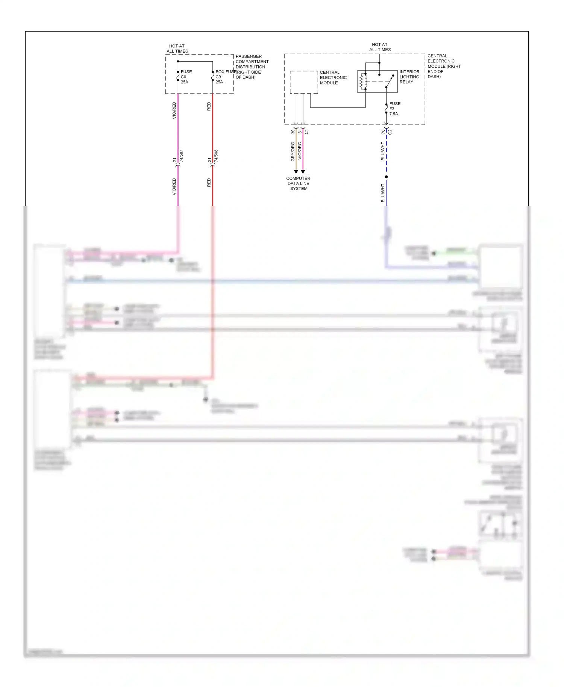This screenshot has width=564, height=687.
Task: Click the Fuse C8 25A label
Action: (x=186, y=77)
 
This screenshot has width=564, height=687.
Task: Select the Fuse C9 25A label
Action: (x=219, y=77)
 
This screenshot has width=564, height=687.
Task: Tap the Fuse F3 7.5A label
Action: (x=394, y=109)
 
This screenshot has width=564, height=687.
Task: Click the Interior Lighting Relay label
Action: (x=409, y=77)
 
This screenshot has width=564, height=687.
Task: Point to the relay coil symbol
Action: (x=363, y=82)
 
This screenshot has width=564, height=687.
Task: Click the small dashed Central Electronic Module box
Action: (x=304, y=82)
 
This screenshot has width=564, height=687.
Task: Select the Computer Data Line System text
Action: (x=298, y=183)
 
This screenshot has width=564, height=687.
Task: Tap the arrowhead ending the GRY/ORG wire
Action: (x=296, y=171)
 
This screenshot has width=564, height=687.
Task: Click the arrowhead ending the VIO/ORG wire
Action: (x=303, y=171)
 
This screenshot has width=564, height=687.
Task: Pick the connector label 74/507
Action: (x=181, y=156)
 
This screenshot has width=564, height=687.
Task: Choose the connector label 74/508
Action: (x=216, y=156)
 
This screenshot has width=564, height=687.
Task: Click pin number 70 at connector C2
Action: (x=383, y=132)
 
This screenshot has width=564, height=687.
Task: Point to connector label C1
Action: (x=306, y=132)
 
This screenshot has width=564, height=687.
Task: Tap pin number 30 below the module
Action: (x=293, y=132)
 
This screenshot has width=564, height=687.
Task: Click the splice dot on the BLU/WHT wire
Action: (x=386, y=177)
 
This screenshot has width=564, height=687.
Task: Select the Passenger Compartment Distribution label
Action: (x=252, y=67)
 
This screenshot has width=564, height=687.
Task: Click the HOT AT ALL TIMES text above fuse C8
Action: (x=177, y=48)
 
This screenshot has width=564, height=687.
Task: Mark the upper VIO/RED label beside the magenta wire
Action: (x=174, y=110)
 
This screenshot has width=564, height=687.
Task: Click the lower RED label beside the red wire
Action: (x=209, y=183)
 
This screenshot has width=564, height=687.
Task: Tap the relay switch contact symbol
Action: (x=390, y=82)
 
